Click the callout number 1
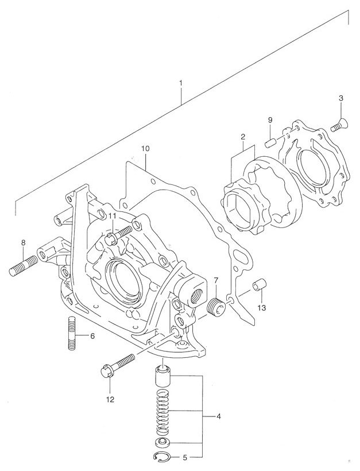point(181,83)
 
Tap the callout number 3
point(340,98)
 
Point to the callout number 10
point(145,148)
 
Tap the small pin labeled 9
point(270,141)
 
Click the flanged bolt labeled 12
point(117,365)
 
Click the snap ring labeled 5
point(164,458)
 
